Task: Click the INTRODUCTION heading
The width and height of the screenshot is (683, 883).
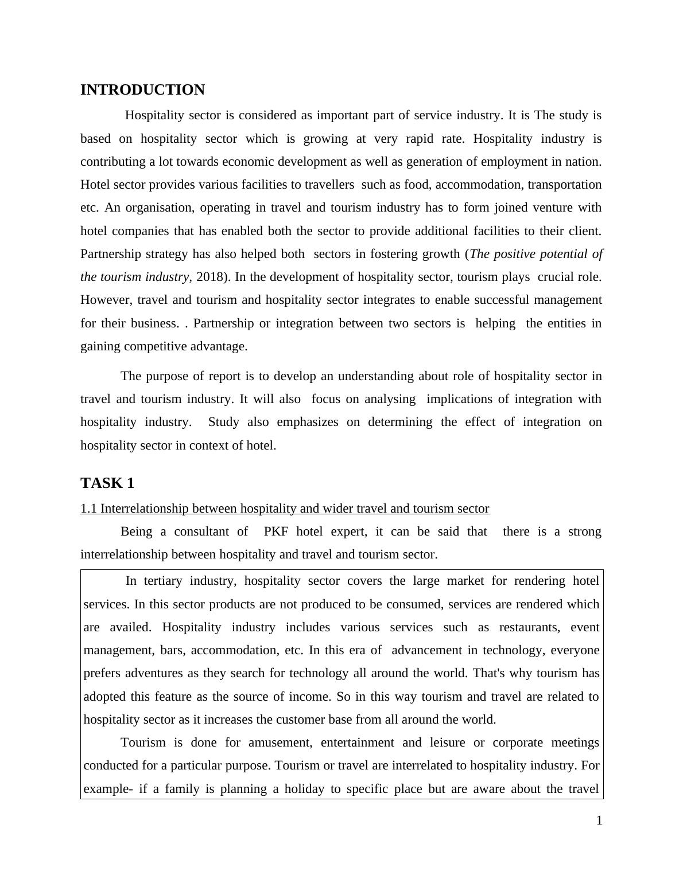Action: (x=142, y=90)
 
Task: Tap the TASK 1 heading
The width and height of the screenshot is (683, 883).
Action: (x=107, y=483)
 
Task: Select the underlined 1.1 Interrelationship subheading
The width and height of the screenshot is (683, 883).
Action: (x=285, y=509)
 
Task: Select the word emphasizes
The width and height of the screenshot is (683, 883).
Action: (x=308, y=422)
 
